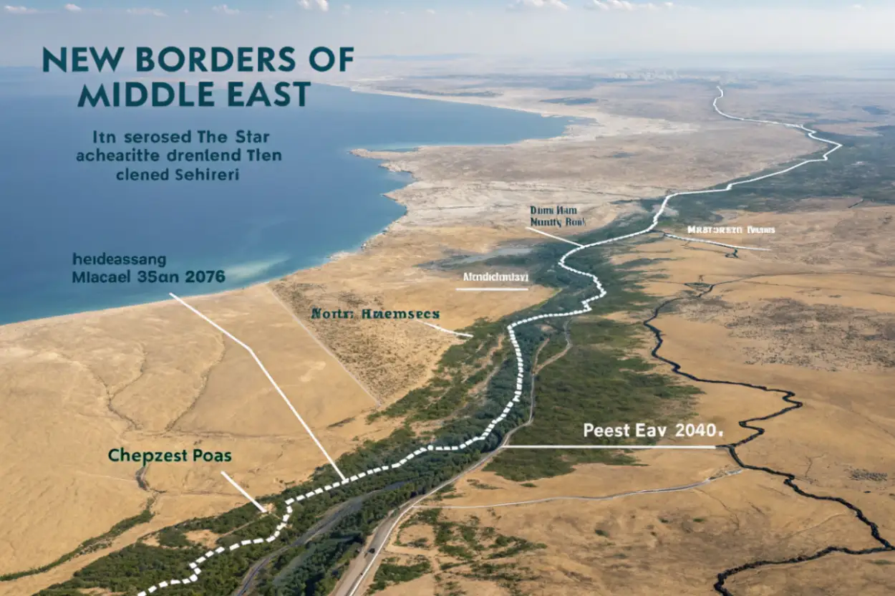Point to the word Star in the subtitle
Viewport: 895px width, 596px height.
pos(258,136)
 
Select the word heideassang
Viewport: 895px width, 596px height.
pos(119,258)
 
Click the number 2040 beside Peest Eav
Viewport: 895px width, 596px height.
pos(693,431)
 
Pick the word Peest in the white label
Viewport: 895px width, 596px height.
pos(606,431)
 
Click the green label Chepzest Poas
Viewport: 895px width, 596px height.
pos(170,455)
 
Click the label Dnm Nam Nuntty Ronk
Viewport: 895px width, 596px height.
pos(558,216)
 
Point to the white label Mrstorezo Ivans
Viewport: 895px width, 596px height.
pos(731,230)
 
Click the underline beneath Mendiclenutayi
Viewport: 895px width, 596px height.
pos(492,289)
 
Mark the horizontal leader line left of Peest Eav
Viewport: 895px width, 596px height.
pos(609,447)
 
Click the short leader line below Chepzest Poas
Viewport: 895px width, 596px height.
pos(243,491)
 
